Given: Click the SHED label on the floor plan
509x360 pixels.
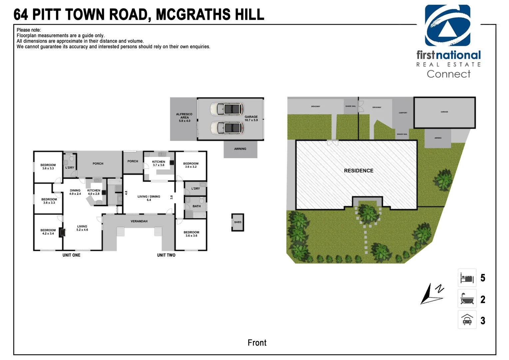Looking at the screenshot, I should [238, 222].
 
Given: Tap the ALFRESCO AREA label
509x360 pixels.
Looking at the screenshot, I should [184, 117].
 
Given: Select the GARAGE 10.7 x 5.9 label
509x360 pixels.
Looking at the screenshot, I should [251, 118].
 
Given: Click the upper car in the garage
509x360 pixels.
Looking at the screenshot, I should [227, 109].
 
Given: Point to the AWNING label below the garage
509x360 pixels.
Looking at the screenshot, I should [240, 149].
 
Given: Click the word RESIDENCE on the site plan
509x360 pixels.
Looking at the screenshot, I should [358, 171].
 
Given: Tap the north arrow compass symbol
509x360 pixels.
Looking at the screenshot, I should [431, 293].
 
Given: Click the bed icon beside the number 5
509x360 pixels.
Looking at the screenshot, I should [467, 278].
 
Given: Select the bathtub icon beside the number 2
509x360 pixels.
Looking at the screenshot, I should [467, 299].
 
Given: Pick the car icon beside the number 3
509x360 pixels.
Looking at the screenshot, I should [467, 320].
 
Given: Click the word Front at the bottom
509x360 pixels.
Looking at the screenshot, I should [257, 343].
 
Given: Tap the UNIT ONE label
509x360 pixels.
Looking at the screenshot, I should [71, 255].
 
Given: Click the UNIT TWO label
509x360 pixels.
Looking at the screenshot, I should [166, 255].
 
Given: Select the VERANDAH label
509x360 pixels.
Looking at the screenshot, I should [139, 221].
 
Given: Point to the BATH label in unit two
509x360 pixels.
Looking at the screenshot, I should [197, 206].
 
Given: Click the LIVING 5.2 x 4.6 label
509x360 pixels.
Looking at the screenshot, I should [82, 228].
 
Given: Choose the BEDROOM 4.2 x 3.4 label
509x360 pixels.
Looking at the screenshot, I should [48, 232].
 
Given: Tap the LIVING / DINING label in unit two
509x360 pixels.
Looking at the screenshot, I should [149, 198].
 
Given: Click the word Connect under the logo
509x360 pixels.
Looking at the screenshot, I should [448, 74].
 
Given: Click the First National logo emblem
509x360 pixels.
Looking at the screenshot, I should [447, 26].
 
